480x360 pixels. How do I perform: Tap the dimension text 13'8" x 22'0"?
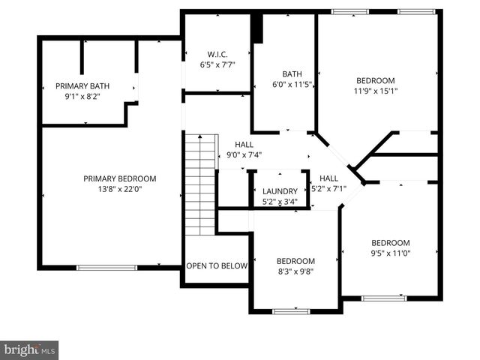(x=120, y=190)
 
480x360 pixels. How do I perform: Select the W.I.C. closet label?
(x=217, y=54)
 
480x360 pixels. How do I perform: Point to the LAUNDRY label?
(x=280, y=191)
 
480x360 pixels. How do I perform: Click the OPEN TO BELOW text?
(x=217, y=265)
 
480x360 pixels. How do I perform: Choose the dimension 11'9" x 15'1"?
(x=375, y=91)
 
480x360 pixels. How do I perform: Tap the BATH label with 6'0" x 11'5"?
(x=292, y=73)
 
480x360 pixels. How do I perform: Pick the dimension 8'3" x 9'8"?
(x=295, y=271)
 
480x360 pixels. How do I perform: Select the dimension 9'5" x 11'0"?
(x=391, y=253)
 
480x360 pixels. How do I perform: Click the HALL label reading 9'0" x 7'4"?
(x=244, y=144)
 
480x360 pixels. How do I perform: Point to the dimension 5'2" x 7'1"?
(x=328, y=188)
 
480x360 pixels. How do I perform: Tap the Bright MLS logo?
(x=29, y=349)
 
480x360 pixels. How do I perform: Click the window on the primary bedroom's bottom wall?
(x=106, y=267)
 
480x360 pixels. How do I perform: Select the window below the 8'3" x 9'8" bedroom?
(x=291, y=310)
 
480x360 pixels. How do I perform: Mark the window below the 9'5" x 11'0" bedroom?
(x=384, y=298)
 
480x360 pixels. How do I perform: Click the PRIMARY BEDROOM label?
(x=120, y=178)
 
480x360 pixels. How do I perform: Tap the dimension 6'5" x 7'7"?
(x=217, y=64)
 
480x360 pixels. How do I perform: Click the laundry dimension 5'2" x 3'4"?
(x=280, y=201)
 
